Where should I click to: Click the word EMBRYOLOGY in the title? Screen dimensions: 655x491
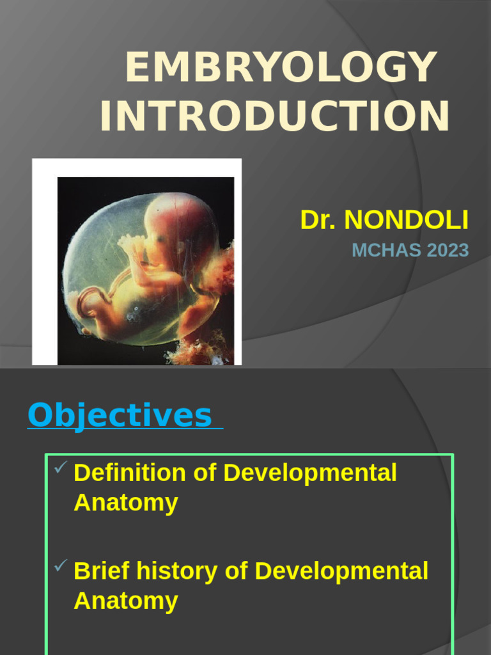coord(281,67)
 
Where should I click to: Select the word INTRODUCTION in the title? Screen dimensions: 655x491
coord(275,116)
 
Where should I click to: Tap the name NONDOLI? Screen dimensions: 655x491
coord(406,220)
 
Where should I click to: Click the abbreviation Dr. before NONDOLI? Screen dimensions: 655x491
coord(318,220)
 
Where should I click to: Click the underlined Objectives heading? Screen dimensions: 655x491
coord(120,416)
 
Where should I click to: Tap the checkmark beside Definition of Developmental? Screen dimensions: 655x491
coord(60,470)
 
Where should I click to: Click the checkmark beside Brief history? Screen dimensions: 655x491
coord(60,566)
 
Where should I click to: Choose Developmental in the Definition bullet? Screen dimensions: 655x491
coord(311,473)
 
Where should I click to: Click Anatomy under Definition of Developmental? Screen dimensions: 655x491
coord(125,503)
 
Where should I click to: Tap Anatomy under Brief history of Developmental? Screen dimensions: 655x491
coord(125,601)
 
